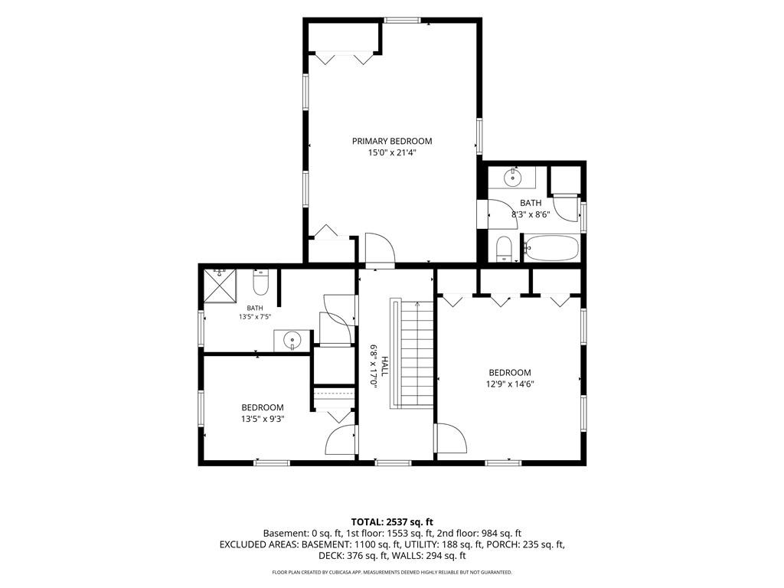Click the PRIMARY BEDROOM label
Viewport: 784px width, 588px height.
coord(392,141)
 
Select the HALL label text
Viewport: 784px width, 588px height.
coord(384,367)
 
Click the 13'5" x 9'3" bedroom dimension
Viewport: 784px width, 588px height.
coord(263,419)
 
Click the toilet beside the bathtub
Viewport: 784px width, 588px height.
coord(504,249)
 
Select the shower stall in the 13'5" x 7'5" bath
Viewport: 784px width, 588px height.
coord(220,286)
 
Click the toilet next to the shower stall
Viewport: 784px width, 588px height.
coord(261,283)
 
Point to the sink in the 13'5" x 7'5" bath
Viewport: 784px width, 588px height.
coord(292,341)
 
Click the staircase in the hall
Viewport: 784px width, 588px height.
coord(411,354)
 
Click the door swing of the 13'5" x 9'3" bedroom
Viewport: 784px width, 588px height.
coord(341,439)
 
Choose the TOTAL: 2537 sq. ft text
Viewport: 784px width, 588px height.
coord(392,522)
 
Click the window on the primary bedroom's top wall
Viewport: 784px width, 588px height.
coord(402,20)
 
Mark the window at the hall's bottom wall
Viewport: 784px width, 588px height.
coord(394,463)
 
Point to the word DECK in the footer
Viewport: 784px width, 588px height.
coord(330,556)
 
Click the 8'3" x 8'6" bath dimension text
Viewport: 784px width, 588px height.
coord(530,214)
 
